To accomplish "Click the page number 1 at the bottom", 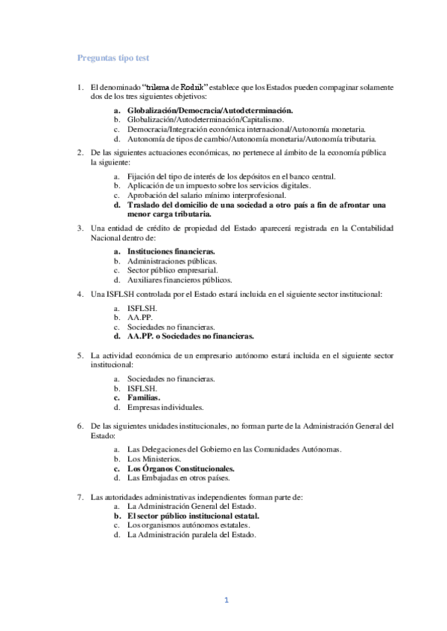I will point(226,600).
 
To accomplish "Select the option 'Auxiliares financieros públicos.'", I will point(180,281).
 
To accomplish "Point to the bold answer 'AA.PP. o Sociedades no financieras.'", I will point(191,336).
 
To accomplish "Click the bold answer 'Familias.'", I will point(144,398).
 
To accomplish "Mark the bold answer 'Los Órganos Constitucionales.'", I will point(181,469).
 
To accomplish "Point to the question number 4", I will point(80,295).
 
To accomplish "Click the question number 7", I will point(80,496).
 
